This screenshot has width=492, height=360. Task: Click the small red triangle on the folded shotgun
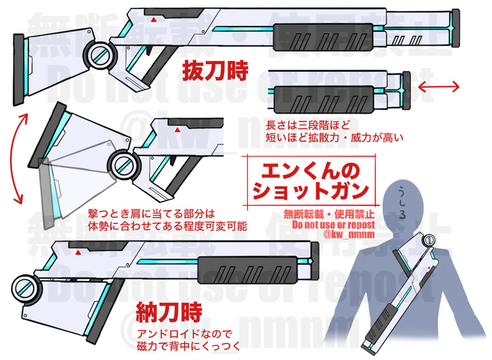[78, 252]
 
